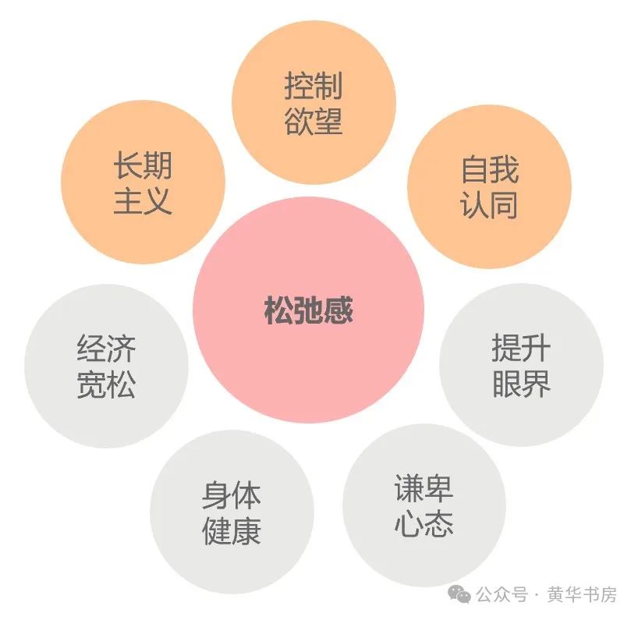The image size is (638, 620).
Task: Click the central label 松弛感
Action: (x=309, y=310)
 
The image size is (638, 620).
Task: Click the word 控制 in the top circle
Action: (x=314, y=86)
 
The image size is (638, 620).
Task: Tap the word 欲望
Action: (x=314, y=122)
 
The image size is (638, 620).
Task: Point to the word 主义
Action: (x=143, y=202)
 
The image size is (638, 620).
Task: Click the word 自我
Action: (x=490, y=170)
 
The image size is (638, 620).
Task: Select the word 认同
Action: (x=490, y=207)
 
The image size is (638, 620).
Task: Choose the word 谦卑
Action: (x=424, y=489)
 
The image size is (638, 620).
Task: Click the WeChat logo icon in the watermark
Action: (x=463, y=594)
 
